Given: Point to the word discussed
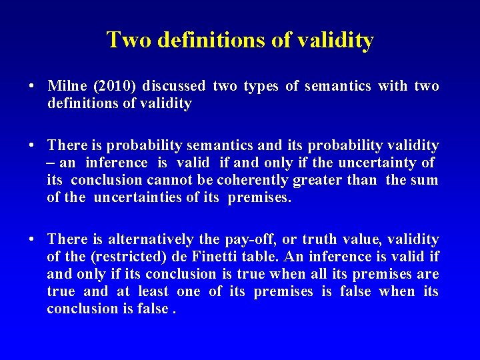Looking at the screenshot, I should point(174,86).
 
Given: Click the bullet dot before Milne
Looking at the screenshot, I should point(32,87).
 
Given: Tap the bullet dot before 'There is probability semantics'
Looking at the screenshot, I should point(32,146).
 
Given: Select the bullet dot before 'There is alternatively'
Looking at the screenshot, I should point(32,240).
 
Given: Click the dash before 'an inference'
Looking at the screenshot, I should point(51,163).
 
